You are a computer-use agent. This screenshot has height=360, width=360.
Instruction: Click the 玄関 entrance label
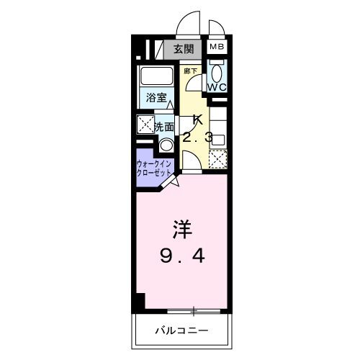(x=184, y=50)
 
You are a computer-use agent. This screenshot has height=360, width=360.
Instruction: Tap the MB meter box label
(x=217, y=46)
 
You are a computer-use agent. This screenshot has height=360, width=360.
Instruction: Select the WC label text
(x=217, y=87)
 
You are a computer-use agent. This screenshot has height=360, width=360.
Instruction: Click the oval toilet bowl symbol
(x=217, y=73)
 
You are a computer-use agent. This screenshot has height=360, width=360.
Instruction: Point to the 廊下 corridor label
(x=190, y=71)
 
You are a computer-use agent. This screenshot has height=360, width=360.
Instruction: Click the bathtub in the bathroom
(x=156, y=76)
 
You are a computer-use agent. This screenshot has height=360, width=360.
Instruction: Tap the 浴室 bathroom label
(x=156, y=98)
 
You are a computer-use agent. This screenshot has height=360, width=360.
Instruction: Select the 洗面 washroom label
(x=164, y=127)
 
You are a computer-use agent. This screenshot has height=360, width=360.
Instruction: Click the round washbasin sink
(x=166, y=145)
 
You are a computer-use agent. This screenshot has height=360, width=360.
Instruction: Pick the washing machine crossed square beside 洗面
(x=145, y=124)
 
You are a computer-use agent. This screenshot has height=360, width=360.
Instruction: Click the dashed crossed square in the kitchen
(x=218, y=159)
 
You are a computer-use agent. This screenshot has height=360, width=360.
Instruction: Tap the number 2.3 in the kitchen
(x=197, y=138)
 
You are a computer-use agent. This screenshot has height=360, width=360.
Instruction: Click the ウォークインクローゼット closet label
(x=153, y=168)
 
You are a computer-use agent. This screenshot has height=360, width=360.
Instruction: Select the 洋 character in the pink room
(x=182, y=229)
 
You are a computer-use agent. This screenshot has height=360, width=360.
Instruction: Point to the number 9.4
(x=182, y=256)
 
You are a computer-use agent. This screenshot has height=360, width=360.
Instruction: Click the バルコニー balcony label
(x=181, y=330)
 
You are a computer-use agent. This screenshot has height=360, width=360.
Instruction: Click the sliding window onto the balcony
(x=194, y=311)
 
